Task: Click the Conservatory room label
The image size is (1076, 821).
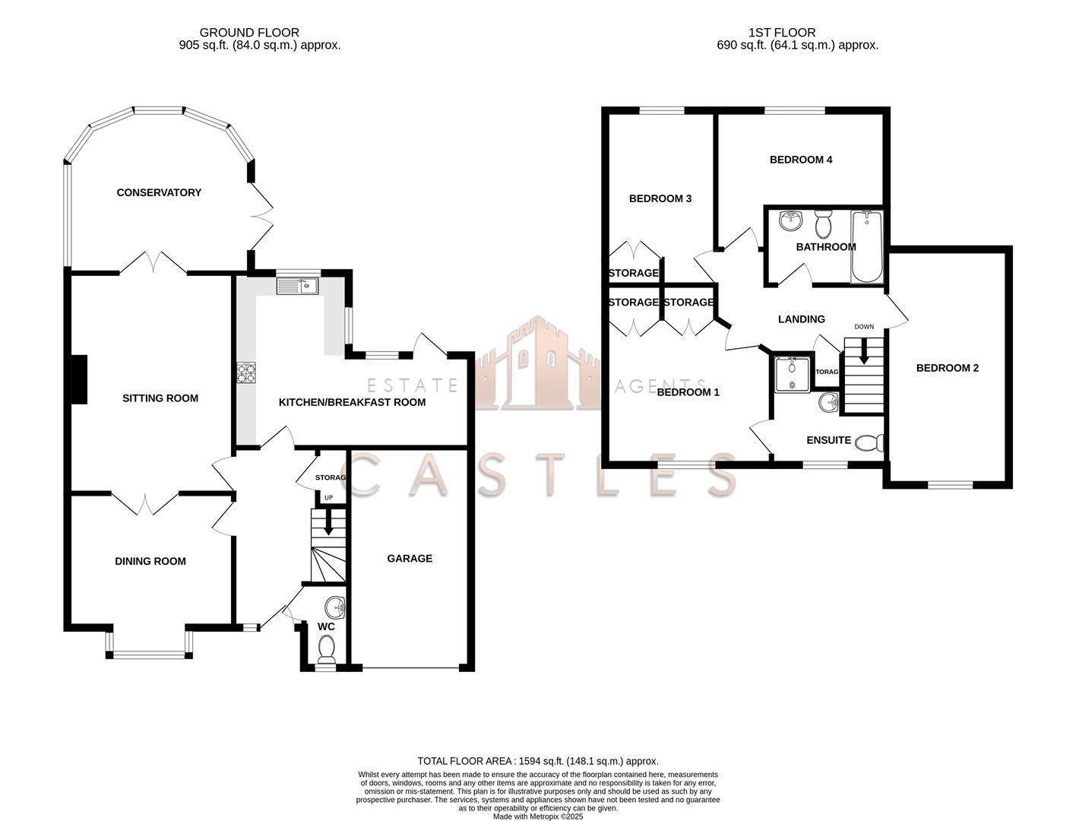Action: click(159, 193)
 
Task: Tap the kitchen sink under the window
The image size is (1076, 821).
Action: click(297, 287)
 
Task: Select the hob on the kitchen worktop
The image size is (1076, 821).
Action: click(247, 372)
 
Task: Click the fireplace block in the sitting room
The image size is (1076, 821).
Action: click(78, 379)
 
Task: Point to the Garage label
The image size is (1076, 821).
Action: click(410, 559)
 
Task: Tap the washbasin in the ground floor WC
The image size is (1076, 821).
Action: click(335, 607)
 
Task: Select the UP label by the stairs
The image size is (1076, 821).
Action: click(328, 498)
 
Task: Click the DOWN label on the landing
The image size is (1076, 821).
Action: click(864, 327)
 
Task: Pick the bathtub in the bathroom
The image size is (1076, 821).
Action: click(866, 246)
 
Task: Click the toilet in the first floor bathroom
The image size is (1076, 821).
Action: click(822, 224)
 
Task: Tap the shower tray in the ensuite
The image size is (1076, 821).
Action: click(792, 374)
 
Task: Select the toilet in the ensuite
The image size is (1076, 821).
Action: click(869, 442)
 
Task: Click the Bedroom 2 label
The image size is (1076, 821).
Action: click(947, 368)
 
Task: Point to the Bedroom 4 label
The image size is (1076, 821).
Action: click(801, 160)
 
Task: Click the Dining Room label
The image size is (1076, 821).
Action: click(150, 562)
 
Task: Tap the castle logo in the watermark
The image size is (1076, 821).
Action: click(538, 365)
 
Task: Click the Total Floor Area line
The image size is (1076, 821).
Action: click(537, 761)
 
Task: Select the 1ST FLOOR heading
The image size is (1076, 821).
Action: click(782, 33)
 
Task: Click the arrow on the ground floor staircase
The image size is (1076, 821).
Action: click(328, 523)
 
